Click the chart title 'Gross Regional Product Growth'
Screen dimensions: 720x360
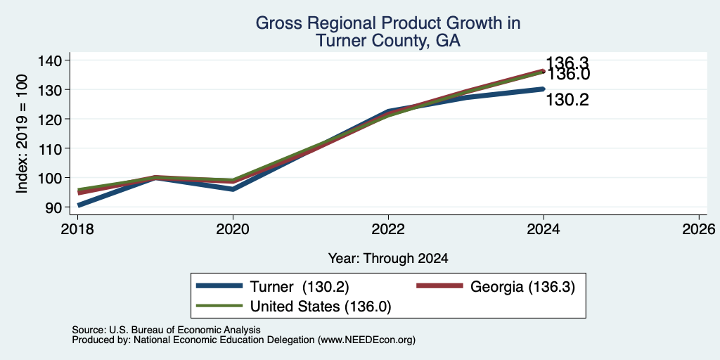pos(387,23)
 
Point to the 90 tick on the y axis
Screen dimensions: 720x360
pos(52,207)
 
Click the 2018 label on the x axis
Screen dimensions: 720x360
pos(77,229)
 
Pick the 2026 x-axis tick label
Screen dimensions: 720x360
pos(699,229)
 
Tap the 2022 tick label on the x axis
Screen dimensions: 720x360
pos(388,229)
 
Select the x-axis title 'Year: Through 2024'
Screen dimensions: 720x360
pos(388,259)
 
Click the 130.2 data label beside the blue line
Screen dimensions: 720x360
pos(567,100)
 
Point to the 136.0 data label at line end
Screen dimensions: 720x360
pos(568,75)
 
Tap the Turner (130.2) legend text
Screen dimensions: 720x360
pos(300,287)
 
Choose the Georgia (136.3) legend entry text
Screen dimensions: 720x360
pos(522,287)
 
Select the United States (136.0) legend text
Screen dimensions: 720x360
pos(321,307)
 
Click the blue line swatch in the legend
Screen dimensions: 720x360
pos(219,287)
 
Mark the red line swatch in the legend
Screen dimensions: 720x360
pos(439,287)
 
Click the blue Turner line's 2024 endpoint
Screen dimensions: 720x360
pos(544,89)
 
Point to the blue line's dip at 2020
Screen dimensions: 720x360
pos(233,189)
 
